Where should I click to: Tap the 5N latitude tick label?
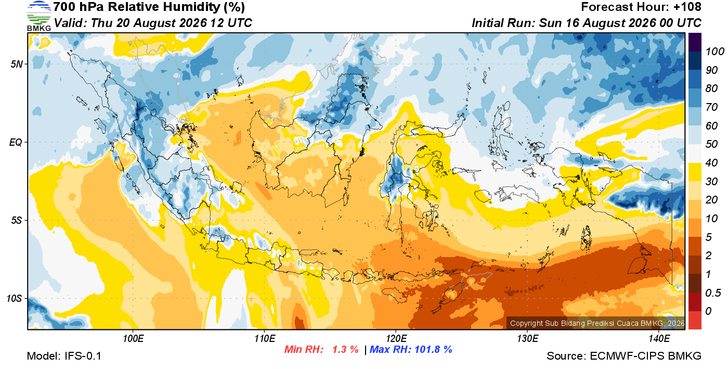17,64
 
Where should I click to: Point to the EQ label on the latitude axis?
16,142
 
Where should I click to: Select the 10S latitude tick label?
14,298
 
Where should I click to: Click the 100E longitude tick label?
133,338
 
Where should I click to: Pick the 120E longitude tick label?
396,338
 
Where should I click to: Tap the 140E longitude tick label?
659,338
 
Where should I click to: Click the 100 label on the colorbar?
714,52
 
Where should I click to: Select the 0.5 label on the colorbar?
713,293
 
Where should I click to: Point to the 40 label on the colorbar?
711,163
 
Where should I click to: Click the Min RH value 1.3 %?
345,349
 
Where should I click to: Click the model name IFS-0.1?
83,356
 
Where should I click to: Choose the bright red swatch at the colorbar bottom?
695,320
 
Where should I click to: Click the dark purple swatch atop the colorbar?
695,42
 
